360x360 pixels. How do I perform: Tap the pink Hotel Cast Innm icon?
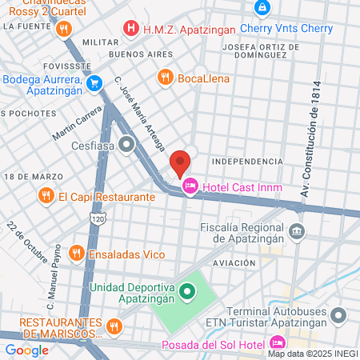[190, 187]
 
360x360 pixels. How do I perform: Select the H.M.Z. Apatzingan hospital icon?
[131, 30]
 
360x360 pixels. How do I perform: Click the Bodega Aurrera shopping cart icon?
[94, 83]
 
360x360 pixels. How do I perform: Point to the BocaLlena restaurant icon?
[166, 78]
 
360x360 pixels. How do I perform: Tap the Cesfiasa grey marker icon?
[126, 145]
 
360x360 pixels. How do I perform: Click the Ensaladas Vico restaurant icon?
[76, 254]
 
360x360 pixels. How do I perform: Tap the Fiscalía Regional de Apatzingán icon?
[297, 232]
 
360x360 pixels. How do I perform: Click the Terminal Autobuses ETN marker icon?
[339, 314]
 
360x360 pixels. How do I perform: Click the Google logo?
[27, 350]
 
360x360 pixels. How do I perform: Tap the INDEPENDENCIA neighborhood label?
[247, 162]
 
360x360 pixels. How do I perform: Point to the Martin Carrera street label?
[78, 120]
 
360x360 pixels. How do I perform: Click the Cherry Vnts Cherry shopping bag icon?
[262, 7]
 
